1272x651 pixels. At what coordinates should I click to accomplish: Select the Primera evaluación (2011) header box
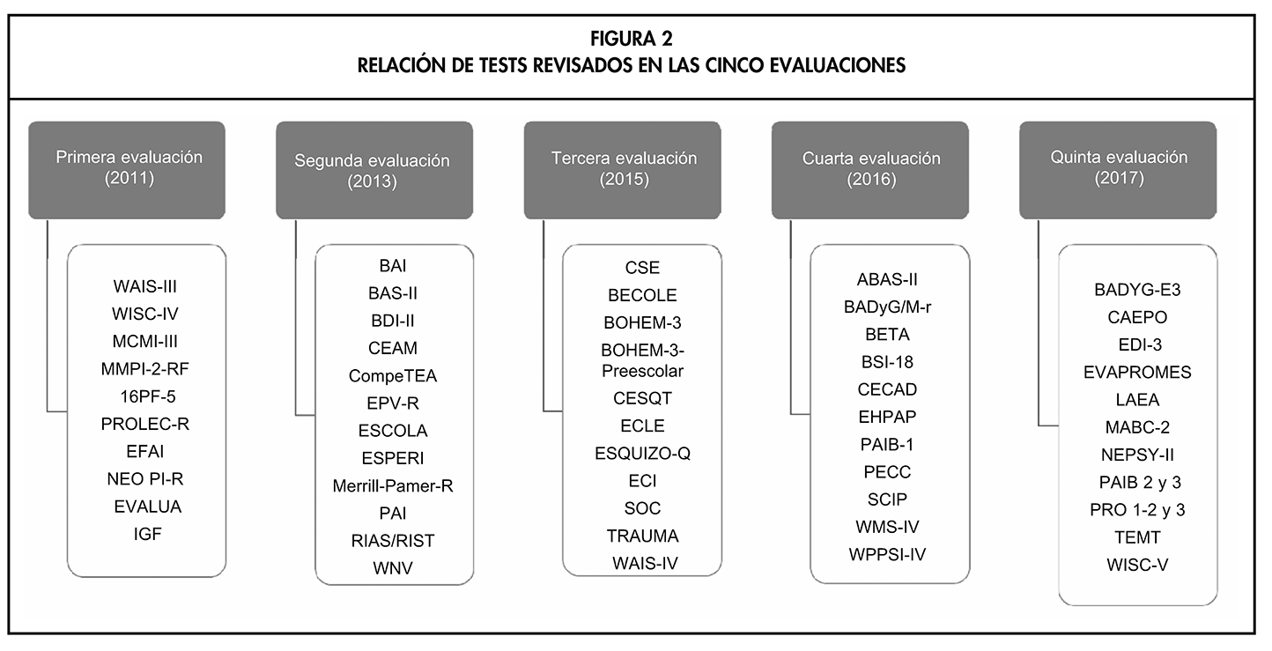(129, 169)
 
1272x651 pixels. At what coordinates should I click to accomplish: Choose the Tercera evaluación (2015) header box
(624, 169)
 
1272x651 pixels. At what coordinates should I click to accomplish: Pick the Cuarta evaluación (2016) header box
(871, 169)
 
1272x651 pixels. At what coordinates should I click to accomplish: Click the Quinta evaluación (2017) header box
(1119, 169)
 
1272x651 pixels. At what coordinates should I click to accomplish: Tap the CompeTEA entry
(393, 376)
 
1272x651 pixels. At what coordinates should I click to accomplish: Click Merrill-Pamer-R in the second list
(393, 485)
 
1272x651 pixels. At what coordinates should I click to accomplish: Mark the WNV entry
(393, 568)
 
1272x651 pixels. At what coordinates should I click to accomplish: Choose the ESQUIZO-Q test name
(642, 454)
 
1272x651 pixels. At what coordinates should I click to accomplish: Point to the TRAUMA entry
(642, 536)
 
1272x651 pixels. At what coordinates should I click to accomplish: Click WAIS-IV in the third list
(642, 563)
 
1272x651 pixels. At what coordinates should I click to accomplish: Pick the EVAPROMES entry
(1137, 373)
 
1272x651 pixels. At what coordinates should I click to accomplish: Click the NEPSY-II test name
(1137, 455)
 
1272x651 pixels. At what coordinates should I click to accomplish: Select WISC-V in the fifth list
(1137, 565)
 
